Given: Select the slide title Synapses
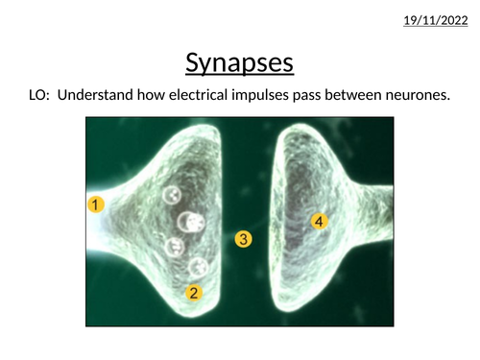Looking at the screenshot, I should [239, 63].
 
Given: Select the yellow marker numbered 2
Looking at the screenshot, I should [194, 294].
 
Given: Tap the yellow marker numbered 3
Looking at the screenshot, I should [245, 239].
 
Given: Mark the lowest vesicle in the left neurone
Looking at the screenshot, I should [198, 267].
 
